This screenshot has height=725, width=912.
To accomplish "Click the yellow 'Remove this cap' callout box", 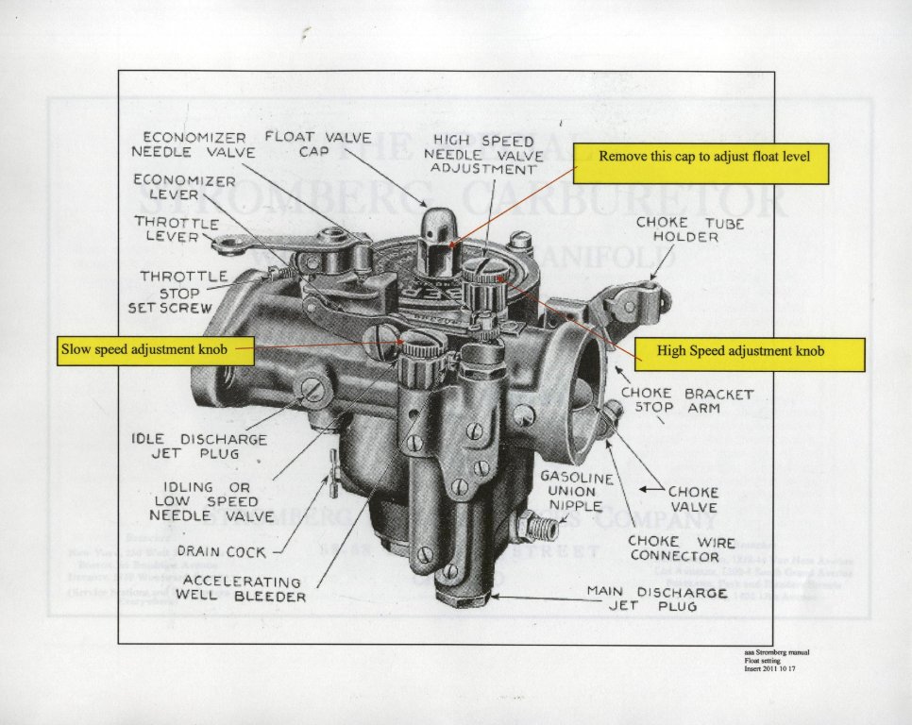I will [703, 164].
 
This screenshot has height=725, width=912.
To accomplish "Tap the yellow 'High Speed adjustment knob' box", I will [749, 351].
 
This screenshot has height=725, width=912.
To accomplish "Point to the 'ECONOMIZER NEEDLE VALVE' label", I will [189, 143].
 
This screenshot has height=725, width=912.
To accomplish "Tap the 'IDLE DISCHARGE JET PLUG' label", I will [198, 447].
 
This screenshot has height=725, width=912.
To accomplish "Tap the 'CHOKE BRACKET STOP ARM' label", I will [686, 400].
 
